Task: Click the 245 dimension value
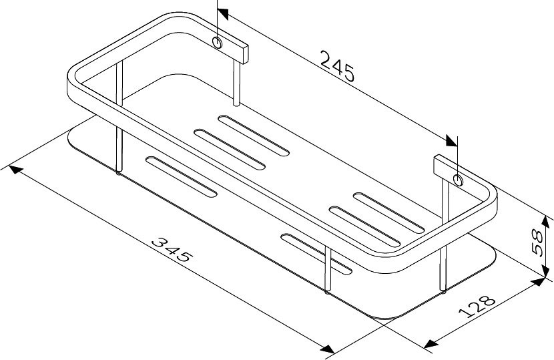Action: tap(337, 65)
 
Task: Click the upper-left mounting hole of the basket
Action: tap(218, 43)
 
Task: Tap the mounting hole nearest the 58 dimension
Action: tap(458, 180)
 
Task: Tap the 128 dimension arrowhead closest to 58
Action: tap(538, 281)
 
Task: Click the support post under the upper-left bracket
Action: tap(236, 83)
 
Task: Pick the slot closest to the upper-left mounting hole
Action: tap(254, 133)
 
